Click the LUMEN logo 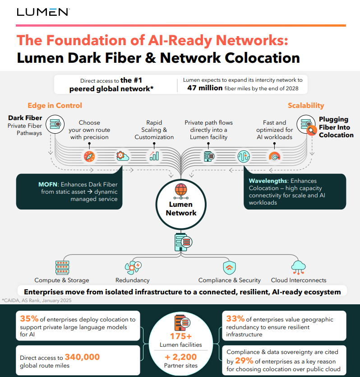pyautogui.click(x=43, y=12)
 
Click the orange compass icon pyautogui.click(x=89, y=157)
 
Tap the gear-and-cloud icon pyautogui.click(x=122, y=156)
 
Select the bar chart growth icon pyautogui.click(x=154, y=156)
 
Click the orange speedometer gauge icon pyautogui.click(x=274, y=156)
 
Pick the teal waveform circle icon pyautogui.click(x=244, y=157)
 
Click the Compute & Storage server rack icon pyautogui.click(x=62, y=267)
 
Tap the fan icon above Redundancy pyautogui.click(x=133, y=267)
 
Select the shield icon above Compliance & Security pyautogui.click(x=229, y=268)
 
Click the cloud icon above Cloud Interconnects pyautogui.click(x=298, y=267)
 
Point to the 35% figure pyautogui.click(x=29, y=319)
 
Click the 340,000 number pyautogui.click(x=82, y=357)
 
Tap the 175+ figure pyautogui.click(x=181, y=336)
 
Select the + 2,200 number pyautogui.click(x=181, y=357)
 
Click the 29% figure pyautogui.click(x=244, y=360)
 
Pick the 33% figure pyautogui.click(x=235, y=319)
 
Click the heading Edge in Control pyautogui.click(x=55, y=105)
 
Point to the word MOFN pyautogui.click(x=48, y=184)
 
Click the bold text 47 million pyautogui.click(x=205, y=88)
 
